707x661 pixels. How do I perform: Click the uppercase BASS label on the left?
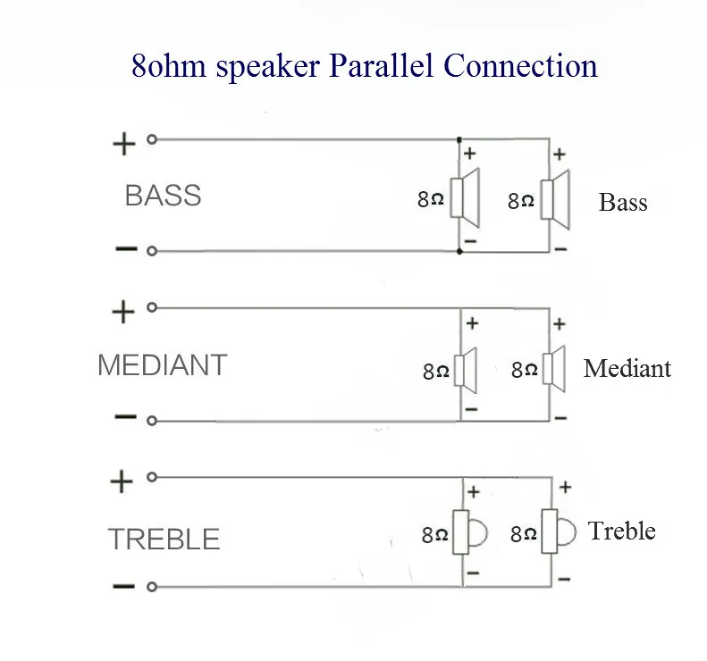[163, 196]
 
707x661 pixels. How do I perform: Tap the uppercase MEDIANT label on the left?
[163, 365]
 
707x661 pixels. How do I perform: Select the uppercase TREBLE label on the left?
[164, 539]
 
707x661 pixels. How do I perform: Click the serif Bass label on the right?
[623, 202]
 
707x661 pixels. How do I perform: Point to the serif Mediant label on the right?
[627, 369]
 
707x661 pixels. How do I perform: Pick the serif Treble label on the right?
[622, 531]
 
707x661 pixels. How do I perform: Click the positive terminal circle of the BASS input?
[152, 139]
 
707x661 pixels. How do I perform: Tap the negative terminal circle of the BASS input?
[152, 251]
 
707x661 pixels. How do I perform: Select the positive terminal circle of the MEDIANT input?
[152, 308]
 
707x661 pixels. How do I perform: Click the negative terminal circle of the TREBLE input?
[152, 587]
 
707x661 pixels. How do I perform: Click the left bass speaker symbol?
[465, 197]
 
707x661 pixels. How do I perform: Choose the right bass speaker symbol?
[555, 199]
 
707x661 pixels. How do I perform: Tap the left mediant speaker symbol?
[466, 370]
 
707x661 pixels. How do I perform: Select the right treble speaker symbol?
[559, 531]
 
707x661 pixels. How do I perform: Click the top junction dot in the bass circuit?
[459, 140]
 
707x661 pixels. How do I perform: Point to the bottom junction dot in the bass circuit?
[459, 251]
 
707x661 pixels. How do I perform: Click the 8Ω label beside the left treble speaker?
[434, 535]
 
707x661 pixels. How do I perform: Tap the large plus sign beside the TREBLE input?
[122, 481]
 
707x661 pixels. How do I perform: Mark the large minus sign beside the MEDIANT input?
[125, 417]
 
